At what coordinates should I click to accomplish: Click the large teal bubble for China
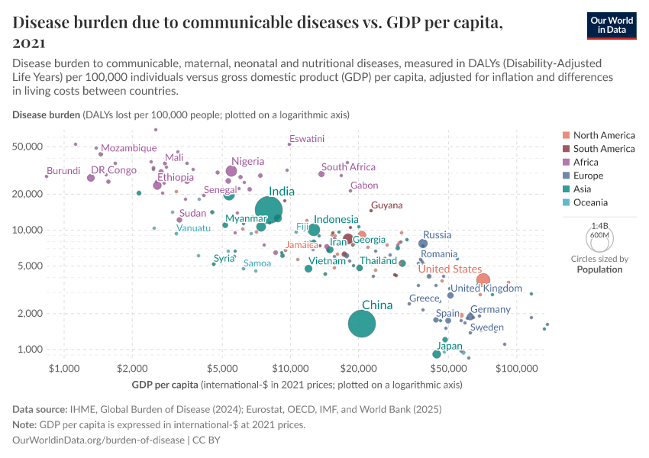(362, 324)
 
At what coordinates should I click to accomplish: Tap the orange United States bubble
(483, 280)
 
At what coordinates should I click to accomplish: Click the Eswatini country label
(307, 139)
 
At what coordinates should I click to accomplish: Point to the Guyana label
(386, 205)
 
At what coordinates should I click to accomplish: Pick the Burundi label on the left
(63, 171)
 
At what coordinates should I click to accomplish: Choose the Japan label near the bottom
(449, 346)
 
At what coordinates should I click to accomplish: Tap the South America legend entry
(603, 149)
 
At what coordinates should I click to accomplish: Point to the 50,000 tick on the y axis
(30, 147)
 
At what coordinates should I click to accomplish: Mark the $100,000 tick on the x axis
(517, 369)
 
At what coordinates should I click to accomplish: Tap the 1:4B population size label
(600, 226)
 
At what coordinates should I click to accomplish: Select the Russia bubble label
(437, 235)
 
